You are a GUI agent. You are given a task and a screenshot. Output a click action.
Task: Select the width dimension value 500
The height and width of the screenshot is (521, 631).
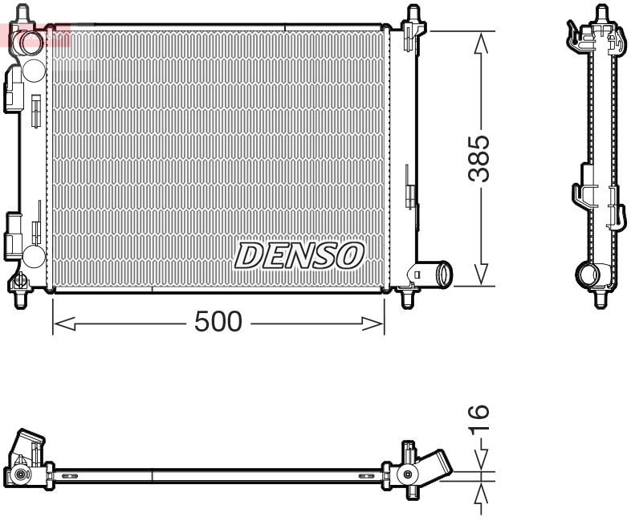[218, 322]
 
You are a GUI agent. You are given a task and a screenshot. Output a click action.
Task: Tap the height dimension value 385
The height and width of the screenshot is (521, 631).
[479, 158]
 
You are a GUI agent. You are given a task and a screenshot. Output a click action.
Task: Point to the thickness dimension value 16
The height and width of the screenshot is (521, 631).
[478, 421]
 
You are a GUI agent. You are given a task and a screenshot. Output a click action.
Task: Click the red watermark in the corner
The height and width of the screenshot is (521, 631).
[36, 34]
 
